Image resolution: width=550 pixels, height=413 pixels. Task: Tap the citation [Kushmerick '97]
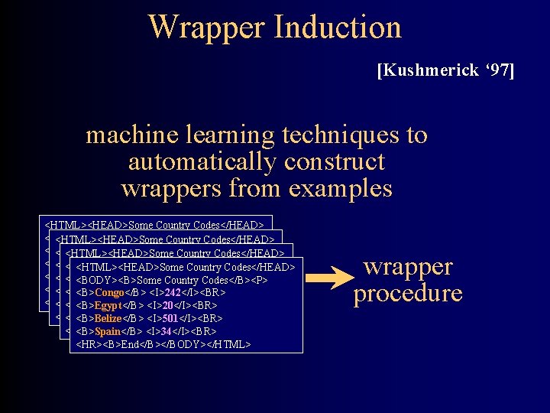[x=445, y=71]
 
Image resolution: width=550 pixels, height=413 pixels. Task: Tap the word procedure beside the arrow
[x=408, y=294]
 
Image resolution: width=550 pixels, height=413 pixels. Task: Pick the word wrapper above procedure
[x=408, y=267]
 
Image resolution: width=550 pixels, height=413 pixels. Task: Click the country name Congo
[x=109, y=293]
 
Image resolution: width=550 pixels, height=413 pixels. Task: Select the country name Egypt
[x=108, y=306]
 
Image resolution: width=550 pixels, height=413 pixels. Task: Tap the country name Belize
[x=109, y=318]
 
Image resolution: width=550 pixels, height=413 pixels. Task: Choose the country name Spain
[x=108, y=331]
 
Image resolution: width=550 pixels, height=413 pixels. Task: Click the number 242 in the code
[x=173, y=293]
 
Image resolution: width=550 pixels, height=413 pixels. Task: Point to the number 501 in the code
[x=171, y=318]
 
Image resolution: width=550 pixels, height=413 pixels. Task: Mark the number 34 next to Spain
[x=167, y=331]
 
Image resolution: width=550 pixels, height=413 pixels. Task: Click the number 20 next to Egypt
[x=168, y=306]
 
